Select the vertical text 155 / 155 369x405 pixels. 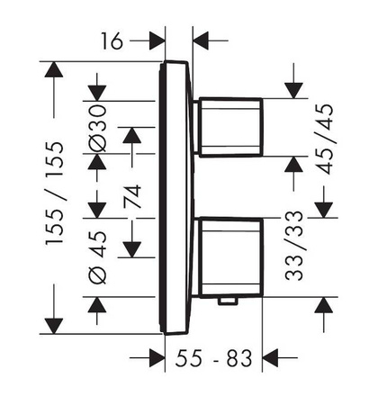point(56,194)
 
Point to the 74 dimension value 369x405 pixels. point(131,196)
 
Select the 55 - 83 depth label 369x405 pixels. point(212,359)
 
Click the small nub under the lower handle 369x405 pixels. point(228,301)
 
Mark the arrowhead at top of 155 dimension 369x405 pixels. point(56,70)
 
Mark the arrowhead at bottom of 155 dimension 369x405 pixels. point(56,323)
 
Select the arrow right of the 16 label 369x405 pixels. point(202,40)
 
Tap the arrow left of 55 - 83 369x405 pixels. point(157,359)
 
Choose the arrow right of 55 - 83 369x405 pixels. point(269,359)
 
